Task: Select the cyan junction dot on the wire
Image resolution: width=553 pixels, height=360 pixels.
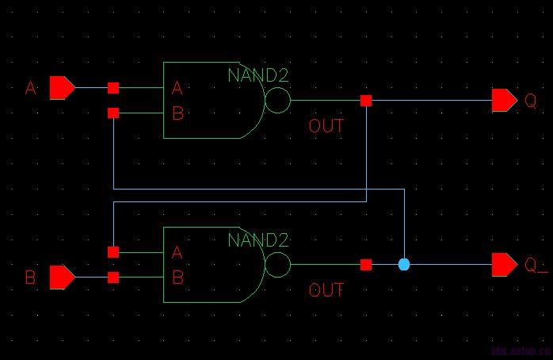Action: click(404, 264)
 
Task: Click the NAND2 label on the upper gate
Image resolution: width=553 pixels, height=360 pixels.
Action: click(258, 76)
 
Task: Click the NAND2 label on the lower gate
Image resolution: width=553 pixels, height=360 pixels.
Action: click(258, 239)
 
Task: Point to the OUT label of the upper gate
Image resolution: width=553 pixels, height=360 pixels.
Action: click(326, 126)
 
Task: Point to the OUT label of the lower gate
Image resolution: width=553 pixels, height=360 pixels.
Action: click(326, 290)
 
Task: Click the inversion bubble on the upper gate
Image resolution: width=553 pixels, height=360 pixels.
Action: click(277, 101)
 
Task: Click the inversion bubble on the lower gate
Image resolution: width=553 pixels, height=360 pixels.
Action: click(277, 265)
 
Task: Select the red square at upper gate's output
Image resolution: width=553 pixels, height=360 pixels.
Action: click(365, 101)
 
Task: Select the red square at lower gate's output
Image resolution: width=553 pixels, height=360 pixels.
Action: click(365, 265)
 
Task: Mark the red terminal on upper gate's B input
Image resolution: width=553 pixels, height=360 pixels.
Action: click(113, 113)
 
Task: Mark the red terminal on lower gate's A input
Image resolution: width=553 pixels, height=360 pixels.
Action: click(113, 252)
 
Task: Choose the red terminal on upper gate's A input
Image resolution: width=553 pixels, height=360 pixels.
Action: click(113, 87)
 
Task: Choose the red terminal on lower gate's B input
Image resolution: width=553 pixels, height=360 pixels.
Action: click(113, 278)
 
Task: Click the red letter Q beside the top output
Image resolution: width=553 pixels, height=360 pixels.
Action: click(531, 101)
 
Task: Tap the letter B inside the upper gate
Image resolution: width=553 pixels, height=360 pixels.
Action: click(177, 113)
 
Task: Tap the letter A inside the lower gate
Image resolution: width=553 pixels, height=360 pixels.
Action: click(177, 253)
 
